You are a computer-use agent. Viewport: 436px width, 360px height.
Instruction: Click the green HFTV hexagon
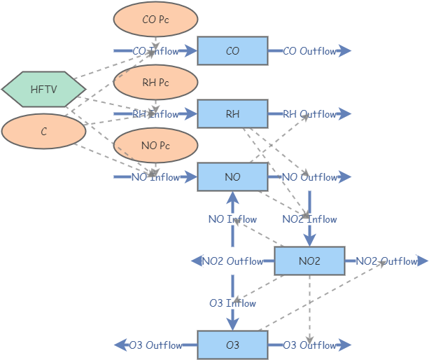click(43, 89)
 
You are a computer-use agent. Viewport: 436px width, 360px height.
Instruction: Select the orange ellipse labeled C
click(43, 131)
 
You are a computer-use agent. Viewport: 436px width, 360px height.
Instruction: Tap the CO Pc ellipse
click(155, 20)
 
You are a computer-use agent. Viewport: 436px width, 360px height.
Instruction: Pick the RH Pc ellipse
click(155, 83)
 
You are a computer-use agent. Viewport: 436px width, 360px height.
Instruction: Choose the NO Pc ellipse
click(155, 146)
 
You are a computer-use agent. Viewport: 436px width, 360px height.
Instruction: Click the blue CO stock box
click(232, 51)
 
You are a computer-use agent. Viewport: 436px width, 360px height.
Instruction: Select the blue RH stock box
click(232, 114)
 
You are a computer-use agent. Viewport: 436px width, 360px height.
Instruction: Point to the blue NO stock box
click(232, 177)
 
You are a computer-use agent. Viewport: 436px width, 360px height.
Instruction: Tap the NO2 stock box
click(309, 261)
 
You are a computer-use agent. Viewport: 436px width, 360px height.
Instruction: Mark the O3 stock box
click(232, 345)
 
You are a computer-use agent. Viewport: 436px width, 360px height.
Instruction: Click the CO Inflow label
click(155, 51)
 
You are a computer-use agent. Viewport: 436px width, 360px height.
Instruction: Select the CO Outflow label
click(309, 51)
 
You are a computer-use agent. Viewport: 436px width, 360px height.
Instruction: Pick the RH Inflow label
click(155, 114)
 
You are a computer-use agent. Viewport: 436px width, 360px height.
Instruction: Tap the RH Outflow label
click(309, 114)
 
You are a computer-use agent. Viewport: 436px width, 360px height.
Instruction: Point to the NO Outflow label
click(309, 177)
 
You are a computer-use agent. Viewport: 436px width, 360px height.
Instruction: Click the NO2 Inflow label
click(309, 219)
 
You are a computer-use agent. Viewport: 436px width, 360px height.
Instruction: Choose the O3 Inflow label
click(232, 303)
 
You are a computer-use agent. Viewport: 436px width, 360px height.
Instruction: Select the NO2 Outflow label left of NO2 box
click(232, 261)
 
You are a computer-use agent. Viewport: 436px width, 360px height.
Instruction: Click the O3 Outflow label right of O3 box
click(309, 345)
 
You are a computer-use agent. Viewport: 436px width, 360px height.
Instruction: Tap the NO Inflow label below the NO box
click(232, 219)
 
